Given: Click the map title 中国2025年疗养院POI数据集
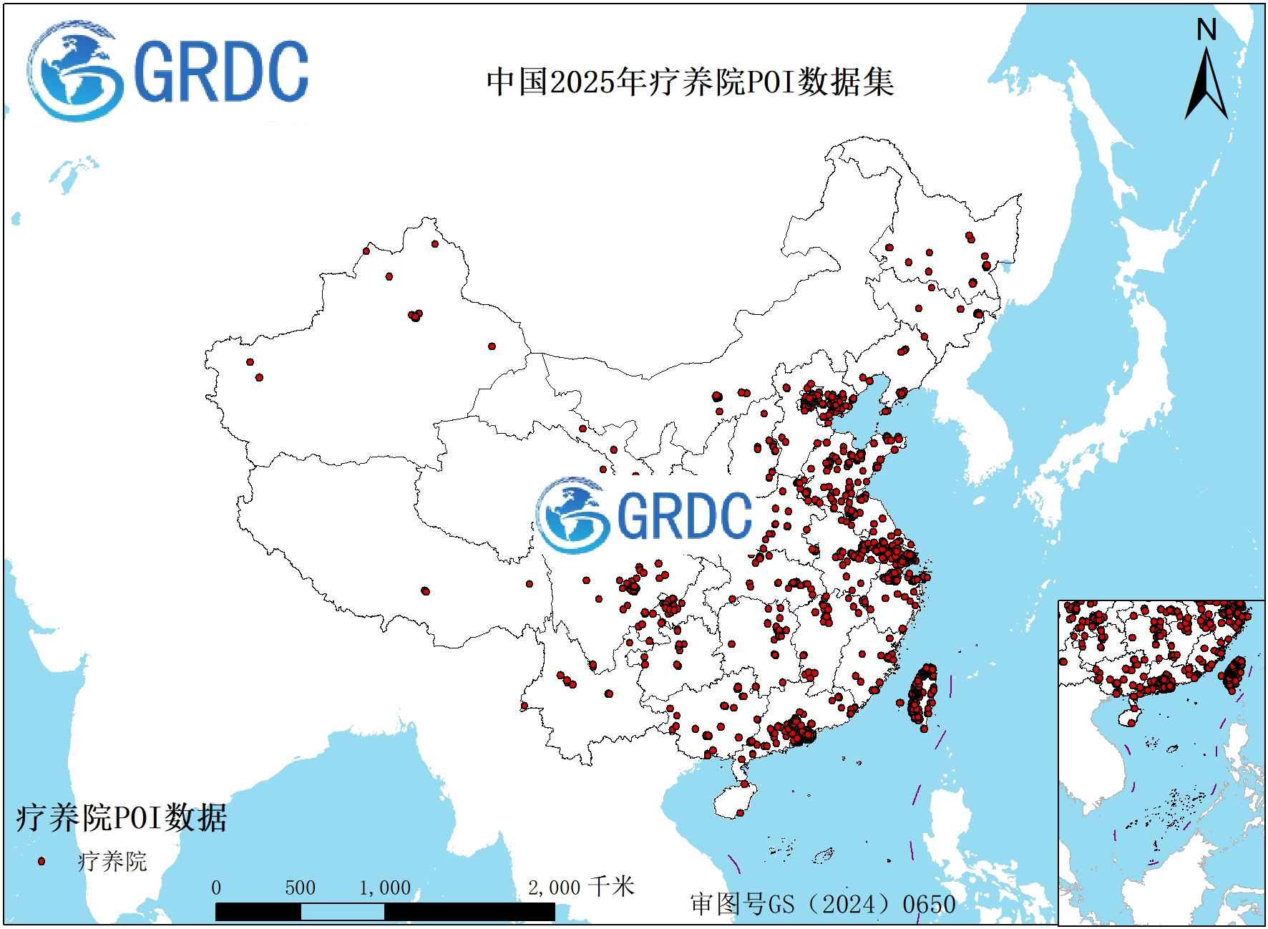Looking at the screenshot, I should [x=690, y=82].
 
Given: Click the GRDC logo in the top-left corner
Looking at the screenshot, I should [x=167, y=72].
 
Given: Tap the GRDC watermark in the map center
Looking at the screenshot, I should [x=644, y=515].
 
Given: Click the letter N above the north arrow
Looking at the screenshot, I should [x=1206, y=30].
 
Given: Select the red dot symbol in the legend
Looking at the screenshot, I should [x=42, y=861].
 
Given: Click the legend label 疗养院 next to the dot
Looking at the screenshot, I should [x=112, y=861].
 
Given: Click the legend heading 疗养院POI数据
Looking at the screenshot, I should [x=121, y=817].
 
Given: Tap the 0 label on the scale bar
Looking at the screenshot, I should [x=216, y=888].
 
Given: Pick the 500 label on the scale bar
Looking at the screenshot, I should [x=300, y=888].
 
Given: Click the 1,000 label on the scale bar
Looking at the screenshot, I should [x=385, y=888].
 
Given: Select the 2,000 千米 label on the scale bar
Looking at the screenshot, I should [x=580, y=887].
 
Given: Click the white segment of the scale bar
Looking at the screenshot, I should [x=342, y=912].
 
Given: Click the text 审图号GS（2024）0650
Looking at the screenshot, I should [x=822, y=904].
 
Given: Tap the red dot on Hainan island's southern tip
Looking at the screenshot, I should [x=740, y=812].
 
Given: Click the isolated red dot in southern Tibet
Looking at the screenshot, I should [x=425, y=591].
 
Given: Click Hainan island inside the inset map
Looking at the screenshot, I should [x=1130, y=716].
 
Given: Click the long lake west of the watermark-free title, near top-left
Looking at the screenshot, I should [x=72, y=174].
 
